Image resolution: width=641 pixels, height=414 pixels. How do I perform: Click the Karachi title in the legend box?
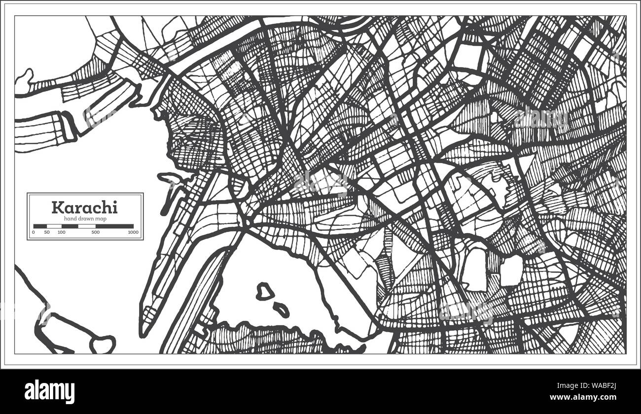(84, 207)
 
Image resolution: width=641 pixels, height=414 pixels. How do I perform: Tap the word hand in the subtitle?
(70, 218)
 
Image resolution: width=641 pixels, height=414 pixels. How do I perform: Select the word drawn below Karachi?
(86, 218)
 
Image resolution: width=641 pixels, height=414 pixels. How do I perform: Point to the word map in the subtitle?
(101, 218)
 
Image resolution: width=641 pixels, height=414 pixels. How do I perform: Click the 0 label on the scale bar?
(34, 232)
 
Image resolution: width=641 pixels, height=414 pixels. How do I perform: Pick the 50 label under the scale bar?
(46, 232)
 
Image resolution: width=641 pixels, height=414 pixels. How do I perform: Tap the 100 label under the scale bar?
(61, 232)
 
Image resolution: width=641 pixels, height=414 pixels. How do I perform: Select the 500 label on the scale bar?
(96, 232)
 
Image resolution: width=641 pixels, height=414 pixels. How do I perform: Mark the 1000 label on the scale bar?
(132, 232)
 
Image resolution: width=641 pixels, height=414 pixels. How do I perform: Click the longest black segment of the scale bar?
(114, 226)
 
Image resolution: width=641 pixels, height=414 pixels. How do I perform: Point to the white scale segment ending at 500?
(87, 226)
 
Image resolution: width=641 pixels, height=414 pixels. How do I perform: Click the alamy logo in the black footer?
(49, 392)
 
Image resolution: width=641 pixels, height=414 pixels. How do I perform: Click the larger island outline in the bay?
(265, 292)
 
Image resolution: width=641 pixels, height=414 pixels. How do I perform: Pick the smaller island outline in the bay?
(282, 310)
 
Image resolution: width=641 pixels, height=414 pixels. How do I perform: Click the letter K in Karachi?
(57, 207)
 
